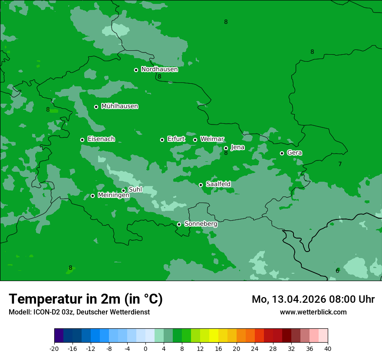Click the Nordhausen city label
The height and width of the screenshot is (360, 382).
tap(159, 69)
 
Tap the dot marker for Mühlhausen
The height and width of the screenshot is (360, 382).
tap(96, 107)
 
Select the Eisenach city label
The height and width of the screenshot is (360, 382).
tap(101, 139)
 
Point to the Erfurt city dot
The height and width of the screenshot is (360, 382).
tap(162, 140)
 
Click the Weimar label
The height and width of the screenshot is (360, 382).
tap(212, 139)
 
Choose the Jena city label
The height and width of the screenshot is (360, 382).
tap(237, 147)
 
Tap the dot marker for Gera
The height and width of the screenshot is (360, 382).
tap(282, 153)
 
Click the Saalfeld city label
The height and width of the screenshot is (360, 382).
tap(218, 184)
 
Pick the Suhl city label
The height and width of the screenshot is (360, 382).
tap(135, 190)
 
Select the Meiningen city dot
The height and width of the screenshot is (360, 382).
tap(93, 196)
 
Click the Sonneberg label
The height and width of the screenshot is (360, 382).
tap(201, 224)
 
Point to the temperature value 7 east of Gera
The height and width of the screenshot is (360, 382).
tap(340, 164)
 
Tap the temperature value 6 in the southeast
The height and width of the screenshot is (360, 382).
tap(337, 271)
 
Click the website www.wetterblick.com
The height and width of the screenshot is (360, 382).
tap(313, 312)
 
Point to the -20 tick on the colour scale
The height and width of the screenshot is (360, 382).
tap(54, 348)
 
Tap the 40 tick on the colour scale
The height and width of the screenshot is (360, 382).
tap(328, 348)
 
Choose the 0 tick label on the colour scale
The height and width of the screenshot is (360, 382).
tap(145, 348)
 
